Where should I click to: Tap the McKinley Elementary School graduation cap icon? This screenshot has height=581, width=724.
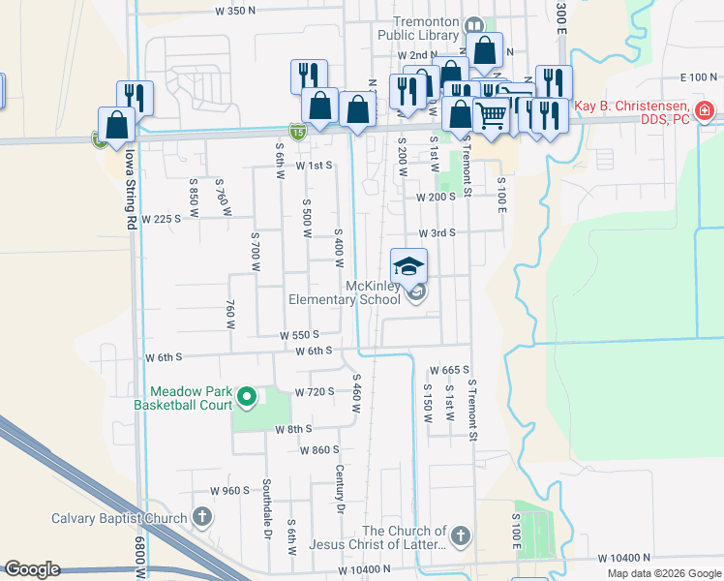click(x=408, y=265)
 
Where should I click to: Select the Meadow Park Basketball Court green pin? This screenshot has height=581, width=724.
click(x=247, y=397)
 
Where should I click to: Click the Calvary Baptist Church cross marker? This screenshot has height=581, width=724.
click(x=201, y=517)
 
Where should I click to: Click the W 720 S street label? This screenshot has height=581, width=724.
click(x=316, y=391)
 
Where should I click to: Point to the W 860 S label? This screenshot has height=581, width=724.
click(x=319, y=450)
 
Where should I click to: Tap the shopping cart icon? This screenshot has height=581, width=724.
click(x=492, y=115)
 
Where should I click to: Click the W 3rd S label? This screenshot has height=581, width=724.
click(x=437, y=233)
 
